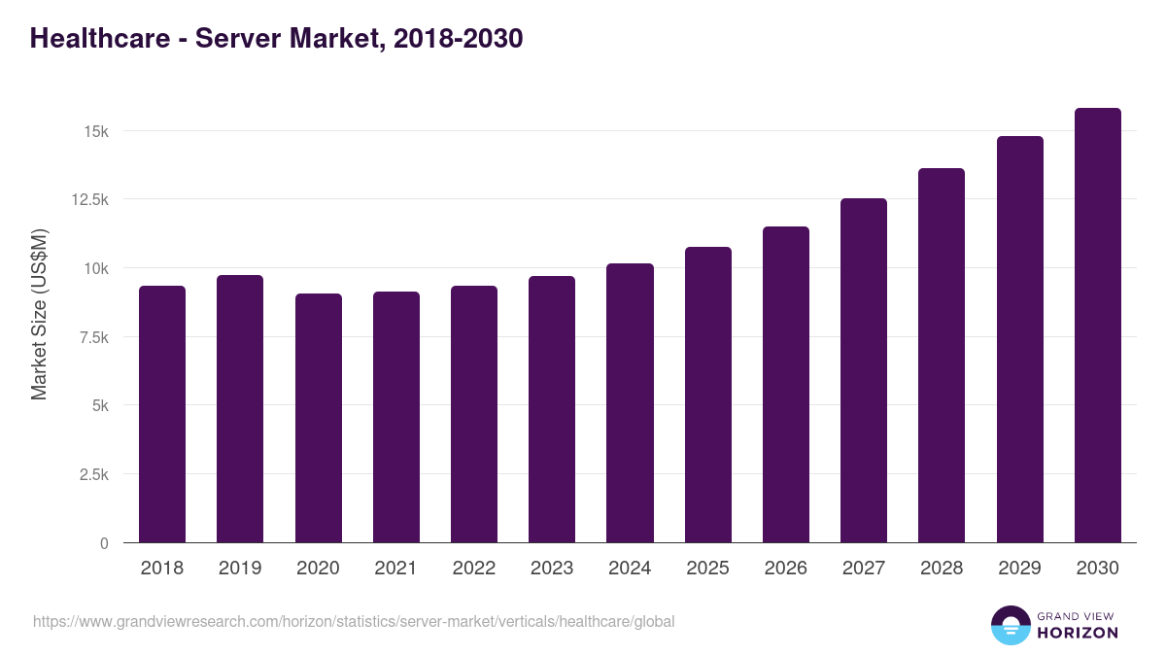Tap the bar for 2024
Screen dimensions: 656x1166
(x=630, y=403)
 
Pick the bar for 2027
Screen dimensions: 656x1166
(x=864, y=370)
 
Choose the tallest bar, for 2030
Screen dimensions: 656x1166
(x=1097, y=326)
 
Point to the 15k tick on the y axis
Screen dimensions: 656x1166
(x=95, y=131)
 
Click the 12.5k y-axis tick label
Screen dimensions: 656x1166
(x=88, y=199)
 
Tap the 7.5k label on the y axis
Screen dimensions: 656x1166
(x=92, y=337)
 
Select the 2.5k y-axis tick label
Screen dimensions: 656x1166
(x=92, y=474)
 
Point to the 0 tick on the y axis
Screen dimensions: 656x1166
(x=104, y=543)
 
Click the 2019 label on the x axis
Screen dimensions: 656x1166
(x=240, y=569)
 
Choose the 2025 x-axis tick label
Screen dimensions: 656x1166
(x=707, y=569)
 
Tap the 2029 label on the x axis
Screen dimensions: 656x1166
(x=1019, y=569)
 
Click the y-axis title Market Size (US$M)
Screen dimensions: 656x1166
(x=39, y=314)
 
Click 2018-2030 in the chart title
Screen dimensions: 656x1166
(x=459, y=38)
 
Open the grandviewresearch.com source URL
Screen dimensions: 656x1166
(x=354, y=621)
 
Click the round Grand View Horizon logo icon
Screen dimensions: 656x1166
(x=1010, y=625)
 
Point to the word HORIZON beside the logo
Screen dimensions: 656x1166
(x=1077, y=633)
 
